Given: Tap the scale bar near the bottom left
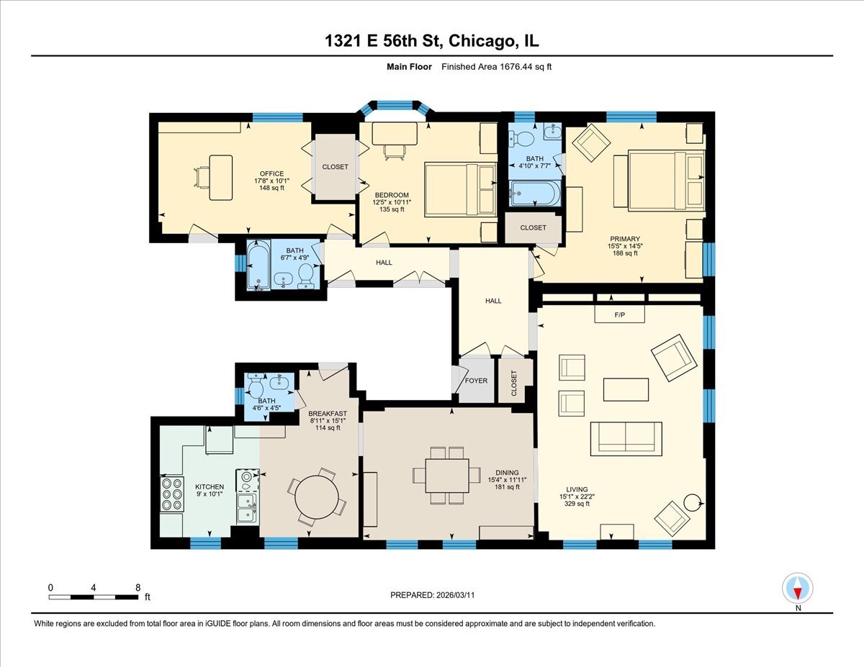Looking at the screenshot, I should (x=94, y=596).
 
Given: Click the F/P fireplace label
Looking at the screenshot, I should (x=619, y=315).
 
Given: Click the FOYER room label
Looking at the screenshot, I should (x=476, y=381).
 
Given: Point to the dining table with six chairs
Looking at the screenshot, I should (x=446, y=475).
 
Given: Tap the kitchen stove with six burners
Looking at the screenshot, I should (x=172, y=494).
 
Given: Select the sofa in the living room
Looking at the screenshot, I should (x=626, y=438).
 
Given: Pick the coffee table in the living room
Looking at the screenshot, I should (x=626, y=389).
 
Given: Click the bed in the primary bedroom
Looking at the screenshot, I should (x=665, y=180).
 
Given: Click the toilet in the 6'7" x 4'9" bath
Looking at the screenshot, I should (x=307, y=274).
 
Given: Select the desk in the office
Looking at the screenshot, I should (x=220, y=177).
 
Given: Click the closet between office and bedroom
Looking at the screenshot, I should (x=335, y=167).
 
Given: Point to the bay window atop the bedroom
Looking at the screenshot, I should (x=395, y=106).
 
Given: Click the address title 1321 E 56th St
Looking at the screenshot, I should (x=432, y=42).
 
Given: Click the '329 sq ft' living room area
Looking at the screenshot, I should (x=577, y=504).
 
